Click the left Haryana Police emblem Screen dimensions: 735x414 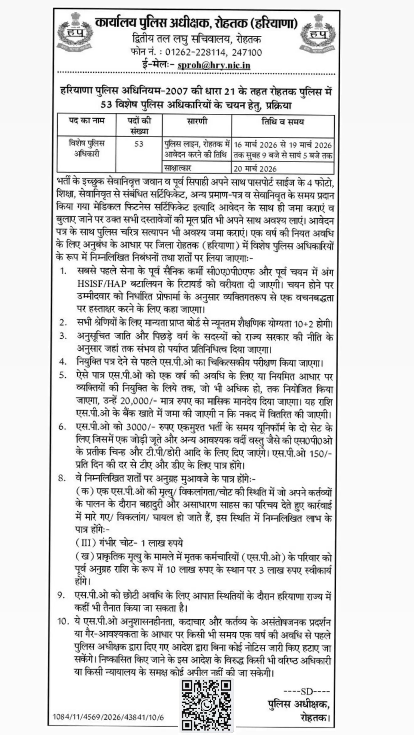tap(75, 32)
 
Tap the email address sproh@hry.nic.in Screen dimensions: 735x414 tap(214, 65)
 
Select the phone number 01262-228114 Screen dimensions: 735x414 tap(196, 52)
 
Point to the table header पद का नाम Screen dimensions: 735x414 tap(87, 121)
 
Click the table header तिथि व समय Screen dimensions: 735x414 tap(283, 122)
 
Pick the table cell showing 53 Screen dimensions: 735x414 tap(139, 144)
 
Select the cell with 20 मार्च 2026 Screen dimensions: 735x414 tap(255, 169)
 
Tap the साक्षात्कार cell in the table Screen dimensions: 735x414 tap(178, 168)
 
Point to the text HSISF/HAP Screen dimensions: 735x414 tap(102, 284)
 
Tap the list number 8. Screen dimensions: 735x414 tap(62, 478)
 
